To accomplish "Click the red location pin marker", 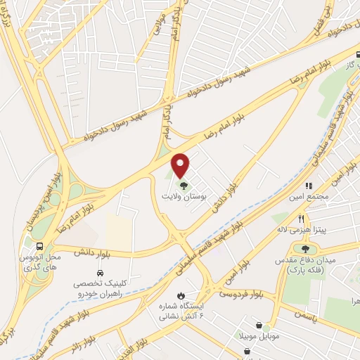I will [x=181, y=165].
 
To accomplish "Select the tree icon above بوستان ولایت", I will [x=184, y=186].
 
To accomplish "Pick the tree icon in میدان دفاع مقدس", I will [x=305, y=248].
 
